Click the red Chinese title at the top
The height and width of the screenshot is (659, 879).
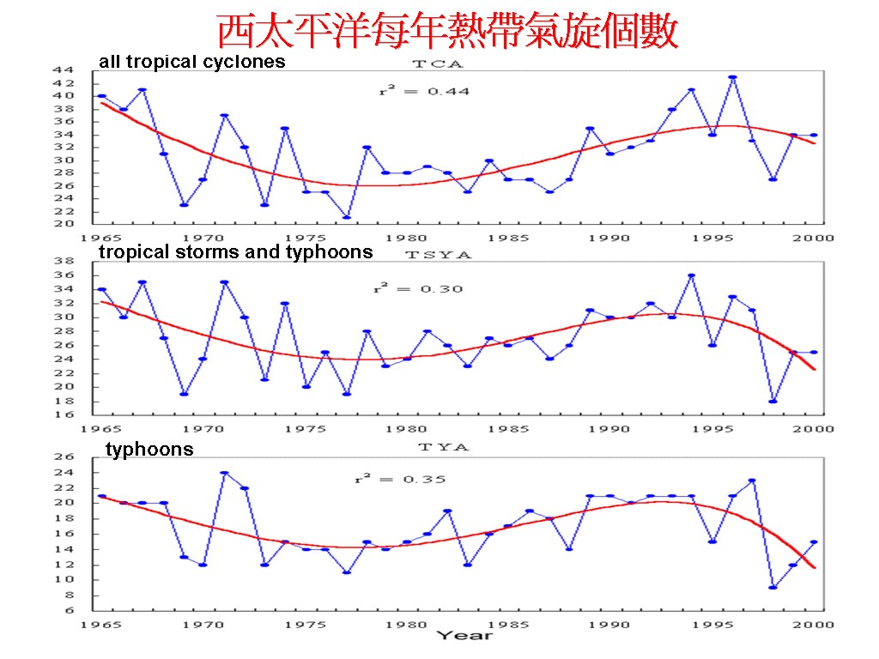click(447, 32)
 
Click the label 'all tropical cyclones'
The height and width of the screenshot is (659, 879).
click(192, 62)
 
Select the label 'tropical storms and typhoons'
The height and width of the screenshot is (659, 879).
click(236, 251)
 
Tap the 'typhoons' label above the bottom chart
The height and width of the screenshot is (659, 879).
click(149, 450)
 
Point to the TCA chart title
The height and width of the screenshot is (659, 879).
click(437, 63)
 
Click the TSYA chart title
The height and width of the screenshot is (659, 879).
click(438, 254)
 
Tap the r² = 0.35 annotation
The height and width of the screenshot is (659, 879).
click(401, 479)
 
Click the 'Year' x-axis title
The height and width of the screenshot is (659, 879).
click(464, 636)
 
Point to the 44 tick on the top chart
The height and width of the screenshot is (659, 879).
click(62, 70)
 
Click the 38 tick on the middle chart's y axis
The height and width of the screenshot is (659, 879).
click(62, 262)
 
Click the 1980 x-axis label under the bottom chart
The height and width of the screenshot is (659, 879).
click(406, 624)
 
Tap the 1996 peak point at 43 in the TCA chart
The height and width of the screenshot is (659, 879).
click(732, 77)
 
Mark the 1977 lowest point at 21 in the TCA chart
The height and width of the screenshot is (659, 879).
click(346, 217)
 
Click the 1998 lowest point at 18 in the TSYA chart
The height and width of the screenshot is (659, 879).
click(773, 401)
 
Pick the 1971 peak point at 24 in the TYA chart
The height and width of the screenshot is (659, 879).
click(223, 473)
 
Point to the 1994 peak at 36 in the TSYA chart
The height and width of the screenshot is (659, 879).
click(691, 275)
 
